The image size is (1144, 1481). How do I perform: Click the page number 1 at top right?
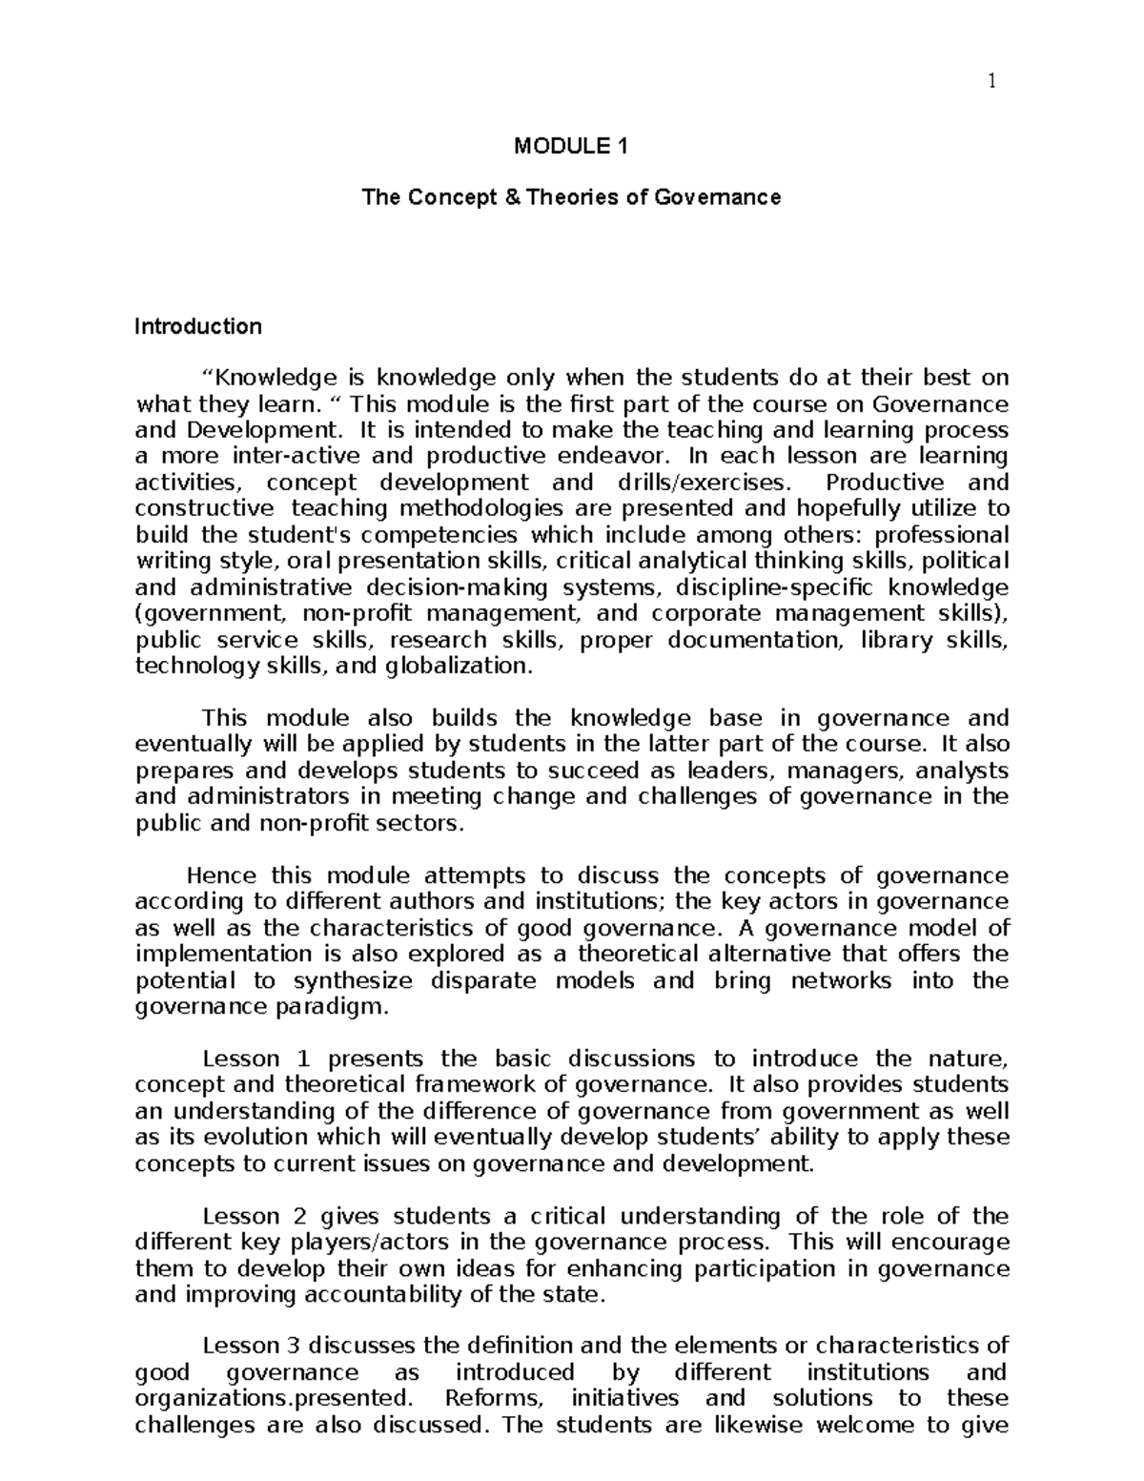coord(991,83)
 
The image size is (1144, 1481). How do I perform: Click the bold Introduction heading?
coord(197,326)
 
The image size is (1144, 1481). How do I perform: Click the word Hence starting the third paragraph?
coord(221,875)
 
